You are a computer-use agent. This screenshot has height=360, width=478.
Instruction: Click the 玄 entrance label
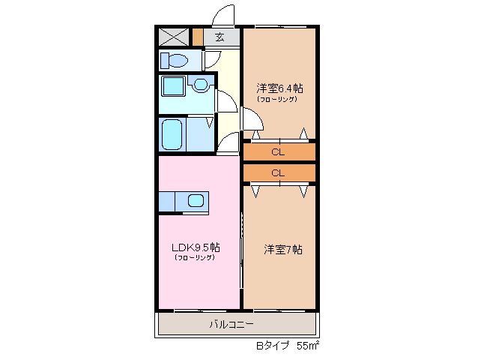pyautogui.click(x=220, y=37)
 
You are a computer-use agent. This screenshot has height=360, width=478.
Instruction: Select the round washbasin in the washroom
pyautogui.click(x=200, y=85)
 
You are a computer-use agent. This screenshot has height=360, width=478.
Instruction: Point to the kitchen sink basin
pyautogui.click(x=195, y=200)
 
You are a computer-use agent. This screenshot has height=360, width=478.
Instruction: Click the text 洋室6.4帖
pyautogui.click(x=279, y=87)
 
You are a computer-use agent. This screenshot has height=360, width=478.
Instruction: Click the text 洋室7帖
pyautogui.click(x=282, y=249)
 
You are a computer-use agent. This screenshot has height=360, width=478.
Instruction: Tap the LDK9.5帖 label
pyautogui.click(x=195, y=247)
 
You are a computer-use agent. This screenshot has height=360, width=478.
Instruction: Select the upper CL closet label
pyautogui.click(x=278, y=152)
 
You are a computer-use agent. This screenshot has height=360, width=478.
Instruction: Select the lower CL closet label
pyautogui.click(x=278, y=173)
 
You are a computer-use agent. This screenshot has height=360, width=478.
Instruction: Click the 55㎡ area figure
pyautogui.click(x=308, y=346)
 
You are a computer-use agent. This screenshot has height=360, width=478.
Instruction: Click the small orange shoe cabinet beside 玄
pyautogui.click(x=197, y=37)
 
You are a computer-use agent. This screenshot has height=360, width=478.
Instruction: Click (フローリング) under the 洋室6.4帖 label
pyautogui.click(x=278, y=99)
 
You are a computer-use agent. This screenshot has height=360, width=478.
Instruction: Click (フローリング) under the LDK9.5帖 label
pyautogui.click(x=195, y=258)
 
